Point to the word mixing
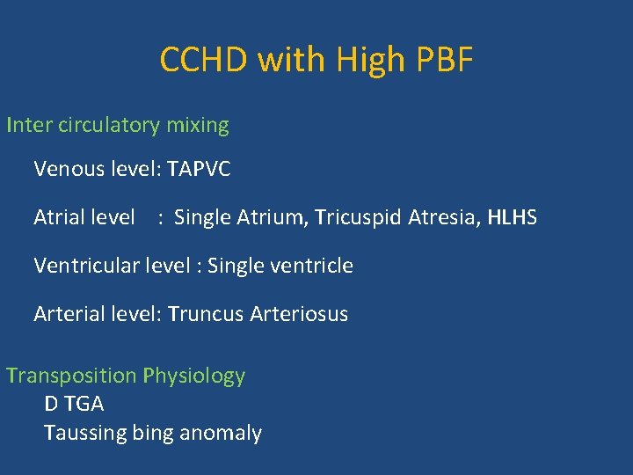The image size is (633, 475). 198,125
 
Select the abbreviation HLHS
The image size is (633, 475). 512,217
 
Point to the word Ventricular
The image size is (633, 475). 84,266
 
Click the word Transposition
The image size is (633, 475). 71,376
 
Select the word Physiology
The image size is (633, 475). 194,376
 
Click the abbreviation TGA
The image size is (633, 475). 84,404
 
